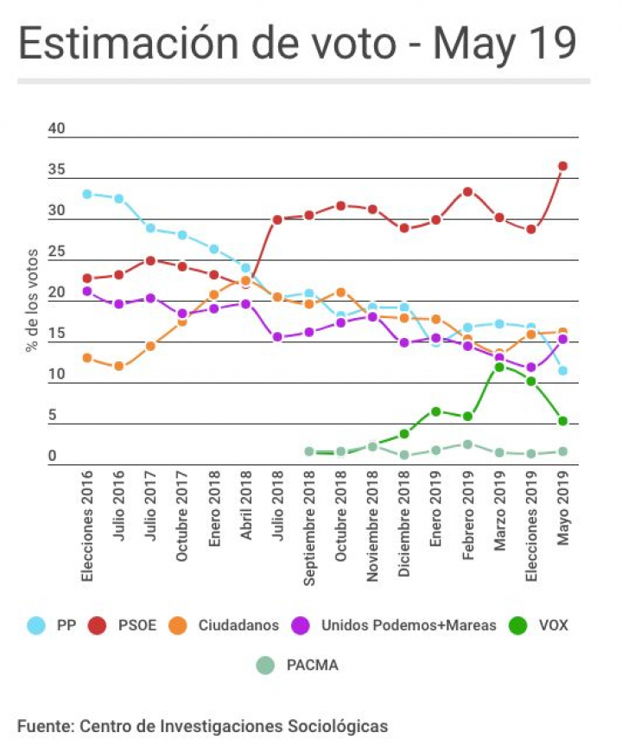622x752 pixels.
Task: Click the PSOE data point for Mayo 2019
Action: (x=562, y=166)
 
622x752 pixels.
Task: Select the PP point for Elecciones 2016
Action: (x=87, y=194)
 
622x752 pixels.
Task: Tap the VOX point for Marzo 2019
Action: (x=499, y=367)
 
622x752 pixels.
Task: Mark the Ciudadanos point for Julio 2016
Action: (x=118, y=366)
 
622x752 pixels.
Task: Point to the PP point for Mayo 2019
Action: (x=562, y=371)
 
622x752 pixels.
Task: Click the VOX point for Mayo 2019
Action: (x=562, y=421)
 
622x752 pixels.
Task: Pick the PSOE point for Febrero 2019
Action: (x=467, y=191)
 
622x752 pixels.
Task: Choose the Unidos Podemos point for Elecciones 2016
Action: (x=87, y=291)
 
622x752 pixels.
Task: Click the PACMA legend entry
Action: (x=298, y=665)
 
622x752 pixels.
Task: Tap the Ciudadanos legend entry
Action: (x=224, y=624)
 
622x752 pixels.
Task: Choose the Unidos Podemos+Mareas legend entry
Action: (x=397, y=624)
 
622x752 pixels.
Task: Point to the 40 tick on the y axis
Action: (x=57, y=129)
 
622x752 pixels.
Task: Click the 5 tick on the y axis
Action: (x=53, y=416)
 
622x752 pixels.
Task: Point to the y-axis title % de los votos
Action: (x=32, y=298)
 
